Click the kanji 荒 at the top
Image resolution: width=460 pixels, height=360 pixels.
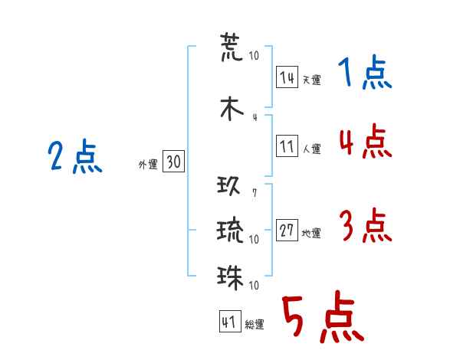point(232,47)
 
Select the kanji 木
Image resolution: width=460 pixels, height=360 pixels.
point(232,109)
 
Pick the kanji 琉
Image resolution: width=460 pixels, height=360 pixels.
point(230,229)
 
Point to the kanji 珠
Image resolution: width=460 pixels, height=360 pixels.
point(230,277)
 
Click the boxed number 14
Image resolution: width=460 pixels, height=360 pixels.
point(287,77)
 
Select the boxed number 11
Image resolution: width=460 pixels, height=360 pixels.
point(287,146)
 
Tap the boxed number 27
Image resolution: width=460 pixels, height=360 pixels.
point(287,230)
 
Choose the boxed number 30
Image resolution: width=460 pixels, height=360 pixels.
point(173,161)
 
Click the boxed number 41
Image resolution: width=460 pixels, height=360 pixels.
point(230,322)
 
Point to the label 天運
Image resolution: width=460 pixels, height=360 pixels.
point(311,80)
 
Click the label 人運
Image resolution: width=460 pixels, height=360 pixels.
point(311,149)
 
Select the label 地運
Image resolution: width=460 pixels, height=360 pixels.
point(311,233)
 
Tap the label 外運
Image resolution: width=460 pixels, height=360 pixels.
point(148,165)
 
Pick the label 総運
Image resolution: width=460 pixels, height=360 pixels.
point(255,325)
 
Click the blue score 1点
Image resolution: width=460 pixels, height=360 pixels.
point(365,72)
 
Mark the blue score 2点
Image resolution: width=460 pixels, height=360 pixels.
point(75,156)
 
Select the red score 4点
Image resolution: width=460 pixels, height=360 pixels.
point(366,141)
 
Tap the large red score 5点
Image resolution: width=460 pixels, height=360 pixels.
point(323,316)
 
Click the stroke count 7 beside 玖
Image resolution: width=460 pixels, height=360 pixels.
point(255,192)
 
